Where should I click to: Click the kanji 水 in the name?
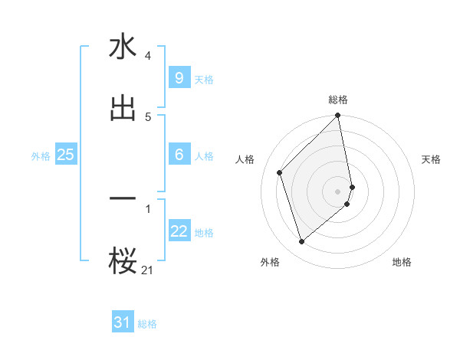(123, 47)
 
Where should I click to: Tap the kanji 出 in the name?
(123, 108)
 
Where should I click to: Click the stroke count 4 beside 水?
(147, 56)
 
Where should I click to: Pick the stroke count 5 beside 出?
(147, 116)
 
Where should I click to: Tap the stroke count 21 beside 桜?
(147, 269)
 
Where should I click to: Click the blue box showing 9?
(179, 78)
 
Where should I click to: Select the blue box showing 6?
(179, 155)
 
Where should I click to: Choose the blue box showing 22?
(179, 231)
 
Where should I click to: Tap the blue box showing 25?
(65, 155)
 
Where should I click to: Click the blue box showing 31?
(123, 322)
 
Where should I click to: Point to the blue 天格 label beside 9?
(204, 80)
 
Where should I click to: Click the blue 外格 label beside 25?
(41, 156)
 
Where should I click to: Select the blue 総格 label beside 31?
(147, 324)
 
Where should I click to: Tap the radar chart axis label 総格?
(338, 100)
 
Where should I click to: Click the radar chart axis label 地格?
(402, 262)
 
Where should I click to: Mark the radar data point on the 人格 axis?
(280, 172)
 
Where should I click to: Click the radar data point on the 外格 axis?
(301, 242)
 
